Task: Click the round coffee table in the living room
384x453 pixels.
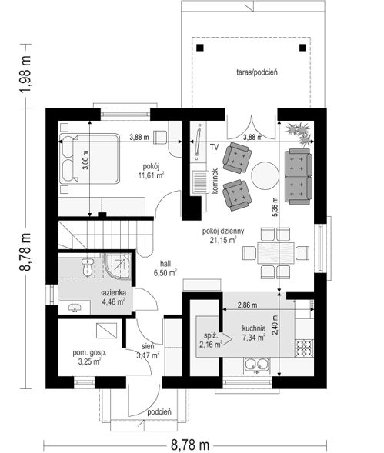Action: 265,175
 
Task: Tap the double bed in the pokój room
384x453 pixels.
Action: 89,158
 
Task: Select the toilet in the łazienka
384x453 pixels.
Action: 87,267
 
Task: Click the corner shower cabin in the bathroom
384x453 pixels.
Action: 118,266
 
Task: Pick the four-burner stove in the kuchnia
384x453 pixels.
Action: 304,348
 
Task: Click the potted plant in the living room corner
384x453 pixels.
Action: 300,133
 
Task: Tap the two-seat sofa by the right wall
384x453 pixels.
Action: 299,177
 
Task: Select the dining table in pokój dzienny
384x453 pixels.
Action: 275,253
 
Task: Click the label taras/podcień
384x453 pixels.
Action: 257,72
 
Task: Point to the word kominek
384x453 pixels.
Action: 215,182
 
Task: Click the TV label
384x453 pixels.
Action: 214,147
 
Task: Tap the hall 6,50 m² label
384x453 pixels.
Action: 165,268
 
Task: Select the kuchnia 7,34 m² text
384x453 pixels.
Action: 254,333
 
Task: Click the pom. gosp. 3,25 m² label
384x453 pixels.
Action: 89,357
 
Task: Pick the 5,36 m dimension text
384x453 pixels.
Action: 275,207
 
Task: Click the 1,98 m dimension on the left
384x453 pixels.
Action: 25,75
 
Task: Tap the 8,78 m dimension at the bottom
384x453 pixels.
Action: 190,445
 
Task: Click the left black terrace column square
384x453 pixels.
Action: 200,48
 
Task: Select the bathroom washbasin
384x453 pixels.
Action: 75,308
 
